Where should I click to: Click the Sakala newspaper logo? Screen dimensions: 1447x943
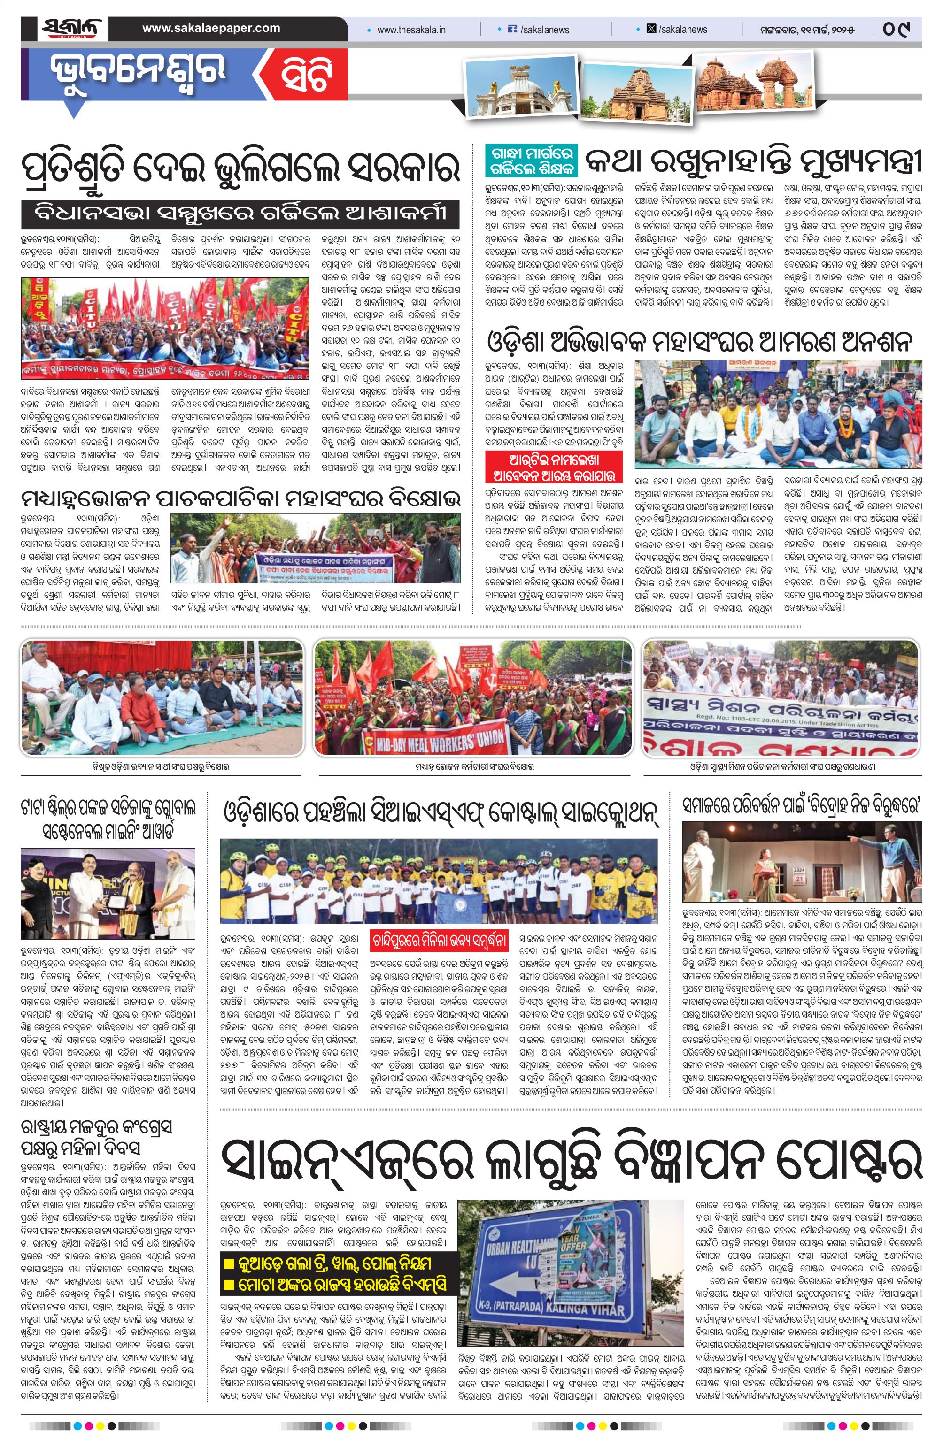click(72, 29)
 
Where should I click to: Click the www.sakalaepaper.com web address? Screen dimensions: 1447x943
click(211, 28)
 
